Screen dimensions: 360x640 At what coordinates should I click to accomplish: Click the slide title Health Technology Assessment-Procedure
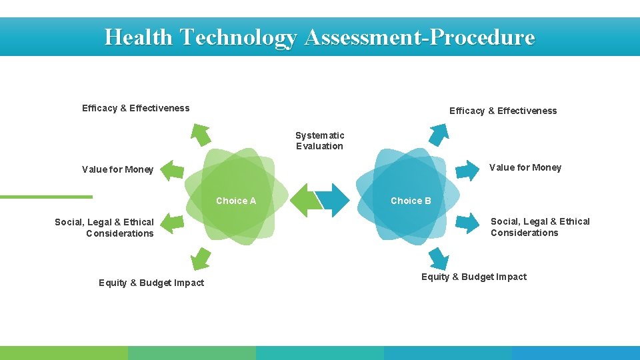pyautogui.click(x=319, y=37)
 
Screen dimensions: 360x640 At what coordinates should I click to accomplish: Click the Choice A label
pyautogui.click(x=236, y=201)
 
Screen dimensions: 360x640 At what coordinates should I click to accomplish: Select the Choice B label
pyautogui.click(x=411, y=201)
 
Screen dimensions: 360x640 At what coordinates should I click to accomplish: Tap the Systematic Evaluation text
pyautogui.click(x=320, y=141)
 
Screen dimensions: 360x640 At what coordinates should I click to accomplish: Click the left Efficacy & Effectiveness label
pyautogui.click(x=135, y=108)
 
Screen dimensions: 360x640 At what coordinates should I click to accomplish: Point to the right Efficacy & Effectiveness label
pyautogui.click(x=503, y=111)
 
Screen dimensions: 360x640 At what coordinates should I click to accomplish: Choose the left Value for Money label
pyautogui.click(x=117, y=169)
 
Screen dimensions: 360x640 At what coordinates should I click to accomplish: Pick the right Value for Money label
pyautogui.click(x=525, y=167)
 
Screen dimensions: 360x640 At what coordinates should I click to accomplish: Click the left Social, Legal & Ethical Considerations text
pyautogui.click(x=105, y=227)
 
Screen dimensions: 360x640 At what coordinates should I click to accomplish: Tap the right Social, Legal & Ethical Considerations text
pyautogui.click(x=540, y=227)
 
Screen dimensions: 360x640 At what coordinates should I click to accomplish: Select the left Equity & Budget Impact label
pyautogui.click(x=151, y=283)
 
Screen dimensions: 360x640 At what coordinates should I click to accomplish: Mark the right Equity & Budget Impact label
pyautogui.click(x=473, y=277)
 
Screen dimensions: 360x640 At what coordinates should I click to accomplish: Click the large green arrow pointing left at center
pyautogui.click(x=306, y=201)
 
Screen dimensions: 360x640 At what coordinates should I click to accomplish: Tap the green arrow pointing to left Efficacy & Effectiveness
pyautogui.click(x=199, y=134)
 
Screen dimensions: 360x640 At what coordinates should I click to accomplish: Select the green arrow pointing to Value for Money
pyautogui.click(x=173, y=170)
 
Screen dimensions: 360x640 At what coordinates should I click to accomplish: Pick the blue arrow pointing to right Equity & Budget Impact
pyautogui.click(x=438, y=258)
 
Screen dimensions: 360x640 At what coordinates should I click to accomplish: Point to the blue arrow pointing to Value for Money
pyautogui.click(x=467, y=169)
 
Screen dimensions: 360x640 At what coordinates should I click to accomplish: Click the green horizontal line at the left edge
pyautogui.click(x=45, y=197)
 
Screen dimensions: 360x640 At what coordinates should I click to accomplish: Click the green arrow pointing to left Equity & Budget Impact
pyautogui.click(x=199, y=257)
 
